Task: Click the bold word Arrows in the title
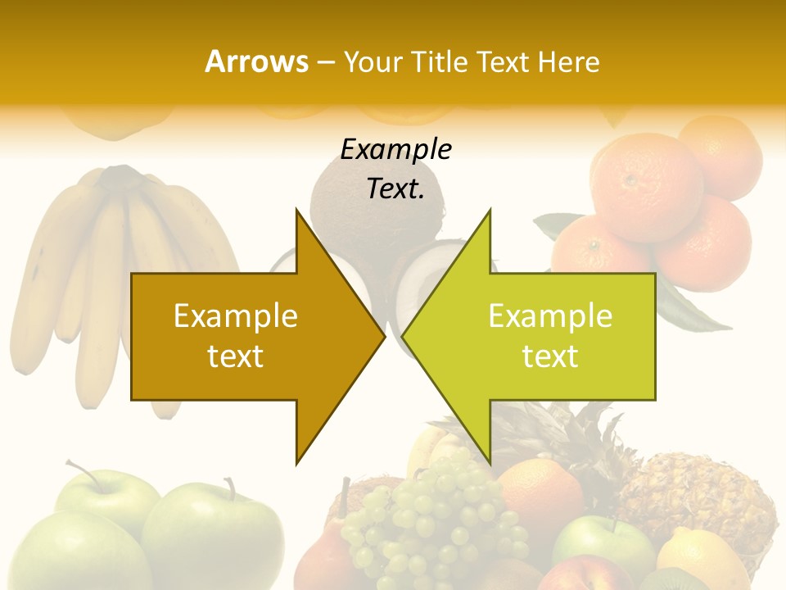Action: point(257,61)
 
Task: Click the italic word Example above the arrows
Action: point(395,149)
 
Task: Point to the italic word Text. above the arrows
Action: point(395,188)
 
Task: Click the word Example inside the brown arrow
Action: point(236,315)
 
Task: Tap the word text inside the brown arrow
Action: point(236,356)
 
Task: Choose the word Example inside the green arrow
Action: point(550,315)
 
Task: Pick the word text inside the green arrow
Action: point(550,356)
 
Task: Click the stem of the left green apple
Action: point(82,472)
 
